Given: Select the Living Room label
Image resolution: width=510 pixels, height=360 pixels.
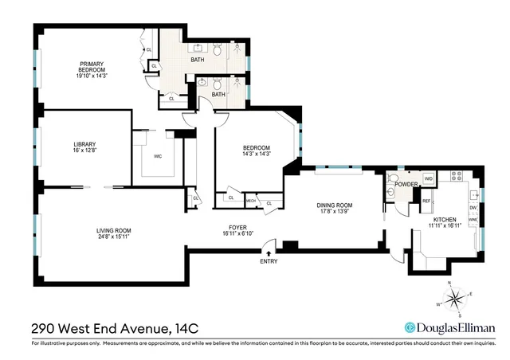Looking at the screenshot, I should click(114, 231).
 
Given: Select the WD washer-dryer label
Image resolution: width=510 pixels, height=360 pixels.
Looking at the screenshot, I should click(428, 178).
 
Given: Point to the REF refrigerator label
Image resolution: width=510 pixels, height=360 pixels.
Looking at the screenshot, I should click(426, 201).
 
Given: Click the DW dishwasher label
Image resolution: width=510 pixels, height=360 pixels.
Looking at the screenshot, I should click(473, 208).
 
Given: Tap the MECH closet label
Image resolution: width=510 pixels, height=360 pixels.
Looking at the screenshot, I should click(251, 202).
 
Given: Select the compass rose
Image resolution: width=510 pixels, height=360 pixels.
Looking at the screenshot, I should click(457, 299).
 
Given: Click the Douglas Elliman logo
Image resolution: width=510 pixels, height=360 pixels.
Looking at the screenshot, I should click(450, 327).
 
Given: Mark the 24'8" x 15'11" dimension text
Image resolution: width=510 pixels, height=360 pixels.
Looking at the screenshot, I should click(114, 237).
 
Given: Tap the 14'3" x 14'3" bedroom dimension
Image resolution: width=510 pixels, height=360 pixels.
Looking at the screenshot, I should click(257, 154).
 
